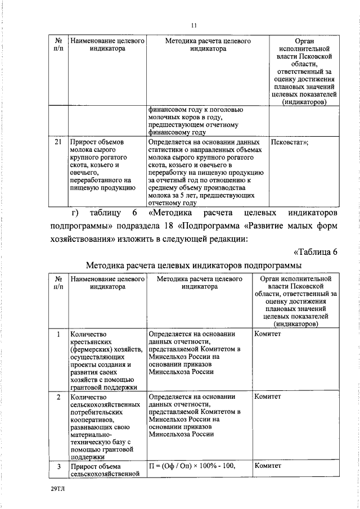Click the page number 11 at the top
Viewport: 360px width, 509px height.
click(193, 25)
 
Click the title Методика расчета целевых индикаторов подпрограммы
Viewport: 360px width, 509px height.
click(194, 265)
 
